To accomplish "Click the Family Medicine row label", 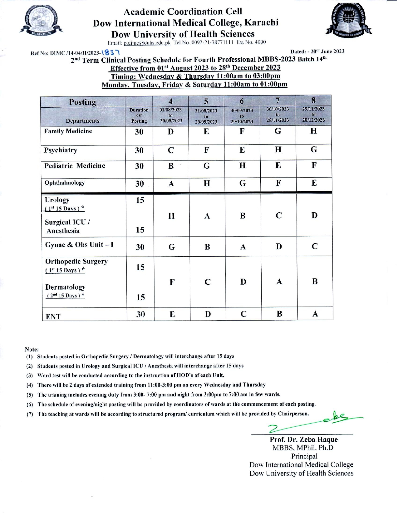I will [x=68, y=131].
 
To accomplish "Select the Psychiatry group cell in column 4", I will [x=171, y=150].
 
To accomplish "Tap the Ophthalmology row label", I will [x=65, y=183].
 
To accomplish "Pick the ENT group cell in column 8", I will [x=315, y=314].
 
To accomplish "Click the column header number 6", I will [x=242, y=101].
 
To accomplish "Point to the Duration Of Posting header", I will [x=139, y=115].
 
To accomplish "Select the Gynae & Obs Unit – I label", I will [x=79, y=245].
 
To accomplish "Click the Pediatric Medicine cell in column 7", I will [x=278, y=166].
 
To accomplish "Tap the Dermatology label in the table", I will [x=65, y=287].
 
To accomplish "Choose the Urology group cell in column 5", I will [x=207, y=216].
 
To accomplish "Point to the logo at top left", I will [x=41, y=20].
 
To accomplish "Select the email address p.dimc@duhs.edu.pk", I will [x=147, y=43].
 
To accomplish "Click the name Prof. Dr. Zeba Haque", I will [x=304, y=439].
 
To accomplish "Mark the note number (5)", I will [x=30, y=395].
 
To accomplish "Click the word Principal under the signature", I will [x=304, y=456].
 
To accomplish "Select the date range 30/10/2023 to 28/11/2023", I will [x=278, y=115].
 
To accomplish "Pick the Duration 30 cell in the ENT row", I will [x=140, y=314].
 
